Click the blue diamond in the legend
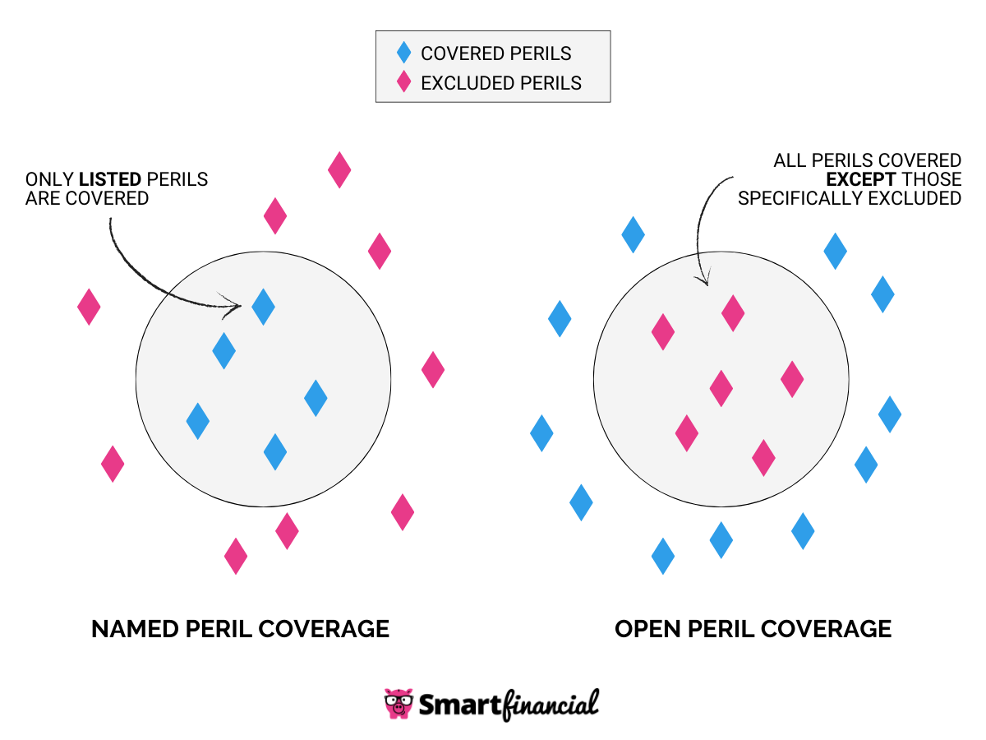point(403,53)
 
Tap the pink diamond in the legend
point(403,82)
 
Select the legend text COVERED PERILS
point(495,53)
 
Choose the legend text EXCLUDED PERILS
point(501,83)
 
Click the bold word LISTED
point(109,179)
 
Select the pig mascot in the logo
point(399,704)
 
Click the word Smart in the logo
point(457,705)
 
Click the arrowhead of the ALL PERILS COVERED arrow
point(702,280)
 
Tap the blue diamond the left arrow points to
point(263,306)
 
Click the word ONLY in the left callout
point(49,179)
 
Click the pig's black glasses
point(399,701)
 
